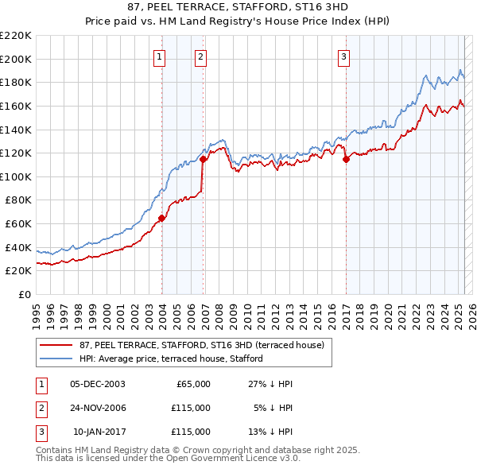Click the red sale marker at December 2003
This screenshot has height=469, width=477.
coord(161,218)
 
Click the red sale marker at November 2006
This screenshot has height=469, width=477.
coord(204,159)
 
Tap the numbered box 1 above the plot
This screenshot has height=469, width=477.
coord(160,56)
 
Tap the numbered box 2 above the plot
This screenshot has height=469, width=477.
coord(200,56)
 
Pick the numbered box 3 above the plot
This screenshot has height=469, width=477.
coord(343,56)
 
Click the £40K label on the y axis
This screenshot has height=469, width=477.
coord(18,247)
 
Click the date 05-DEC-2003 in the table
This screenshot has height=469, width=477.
coord(98,384)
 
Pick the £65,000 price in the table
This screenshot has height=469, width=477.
coord(192,384)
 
